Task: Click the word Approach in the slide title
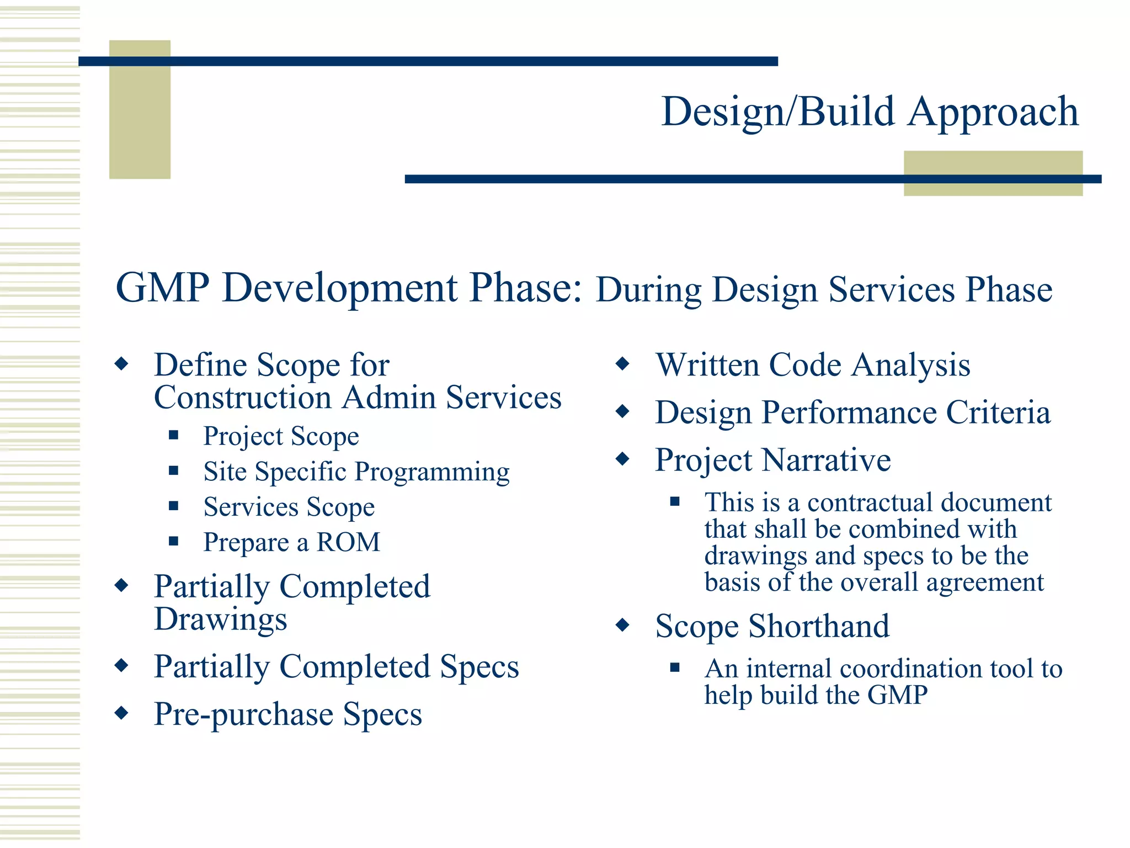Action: tap(993, 112)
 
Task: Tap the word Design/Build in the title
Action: tap(778, 112)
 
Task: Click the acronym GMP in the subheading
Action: tap(163, 288)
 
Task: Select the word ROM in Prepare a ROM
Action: tap(348, 542)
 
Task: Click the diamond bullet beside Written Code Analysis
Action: tap(622, 364)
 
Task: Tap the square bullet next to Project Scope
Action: tap(174, 435)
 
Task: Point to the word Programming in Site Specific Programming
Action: tap(432, 472)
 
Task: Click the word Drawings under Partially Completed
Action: tap(221, 619)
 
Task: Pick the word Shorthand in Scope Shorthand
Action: tap(819, 626)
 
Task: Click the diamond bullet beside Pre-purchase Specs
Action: tap(121, 713)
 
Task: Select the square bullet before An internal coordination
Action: tap(674, 667)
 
